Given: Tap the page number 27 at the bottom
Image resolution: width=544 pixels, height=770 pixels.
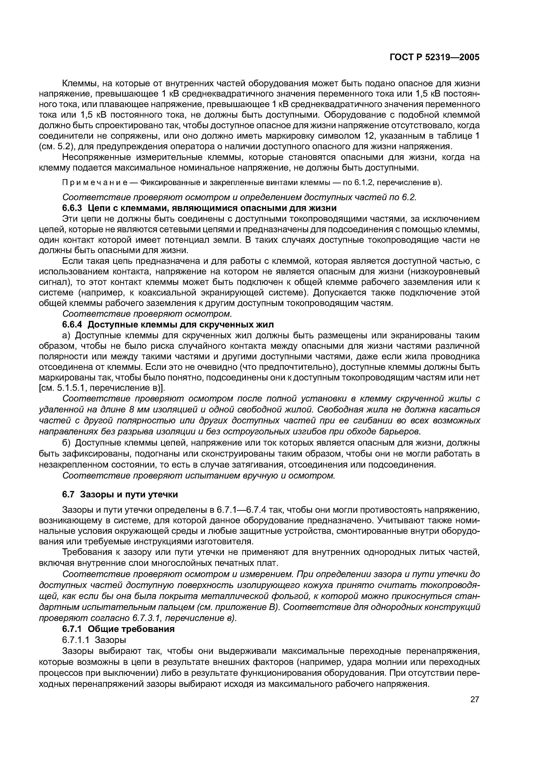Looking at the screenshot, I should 475,699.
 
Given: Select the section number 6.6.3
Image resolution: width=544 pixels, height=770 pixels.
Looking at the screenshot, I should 72,208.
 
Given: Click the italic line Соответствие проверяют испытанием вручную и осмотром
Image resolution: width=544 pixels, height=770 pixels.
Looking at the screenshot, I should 199,476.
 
